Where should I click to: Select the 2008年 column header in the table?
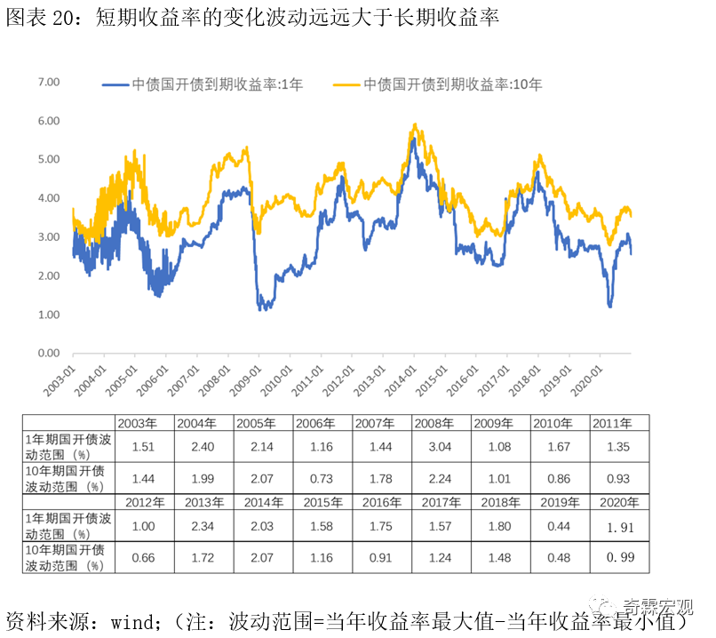coord(441,423)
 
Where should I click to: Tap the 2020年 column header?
coord(618,502)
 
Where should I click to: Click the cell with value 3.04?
coord(441,446)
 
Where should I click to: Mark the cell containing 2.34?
coord(203,526)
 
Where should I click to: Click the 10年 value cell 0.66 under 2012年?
coord(144,558)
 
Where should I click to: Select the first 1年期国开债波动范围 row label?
coord(68,446)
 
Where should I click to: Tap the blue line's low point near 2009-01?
coord(261,308)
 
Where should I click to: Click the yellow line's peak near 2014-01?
coord(414,125)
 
